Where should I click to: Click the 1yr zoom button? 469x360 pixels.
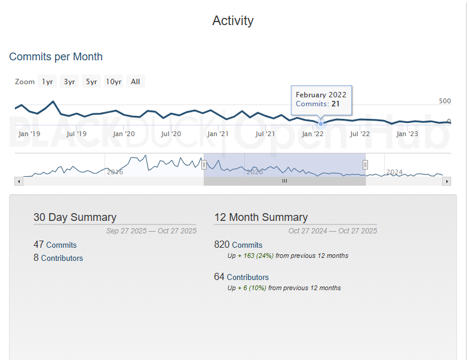coord(47,82)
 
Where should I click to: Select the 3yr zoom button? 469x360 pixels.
coord(69,82)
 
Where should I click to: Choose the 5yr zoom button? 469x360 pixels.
coord(91,82)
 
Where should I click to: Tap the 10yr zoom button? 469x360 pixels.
coord(114,82)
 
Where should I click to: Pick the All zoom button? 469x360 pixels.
coord(136,82)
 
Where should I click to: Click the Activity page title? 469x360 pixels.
coord(233,21)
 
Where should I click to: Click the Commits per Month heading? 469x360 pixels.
coord(56,57)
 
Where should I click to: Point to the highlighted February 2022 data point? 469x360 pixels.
coord(321,124)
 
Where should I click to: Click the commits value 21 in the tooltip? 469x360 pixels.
coord(336,104)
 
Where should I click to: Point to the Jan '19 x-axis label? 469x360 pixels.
coord(29,134)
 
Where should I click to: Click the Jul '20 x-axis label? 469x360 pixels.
coord(171,134)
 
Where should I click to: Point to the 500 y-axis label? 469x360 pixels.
coord(445,101)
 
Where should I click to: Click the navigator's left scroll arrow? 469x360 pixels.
coord(19,181)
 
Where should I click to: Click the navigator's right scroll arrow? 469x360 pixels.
coord(446,181)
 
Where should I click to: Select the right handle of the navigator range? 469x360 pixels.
coord(365,165)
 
